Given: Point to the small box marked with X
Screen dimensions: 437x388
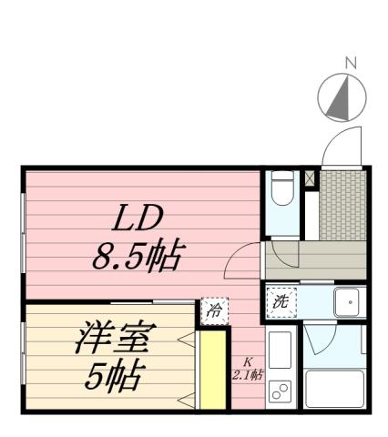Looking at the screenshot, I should [310, 178].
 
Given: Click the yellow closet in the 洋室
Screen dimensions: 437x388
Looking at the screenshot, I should [211, 371].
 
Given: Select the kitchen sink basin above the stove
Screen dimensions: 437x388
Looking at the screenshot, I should [281, 351].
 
